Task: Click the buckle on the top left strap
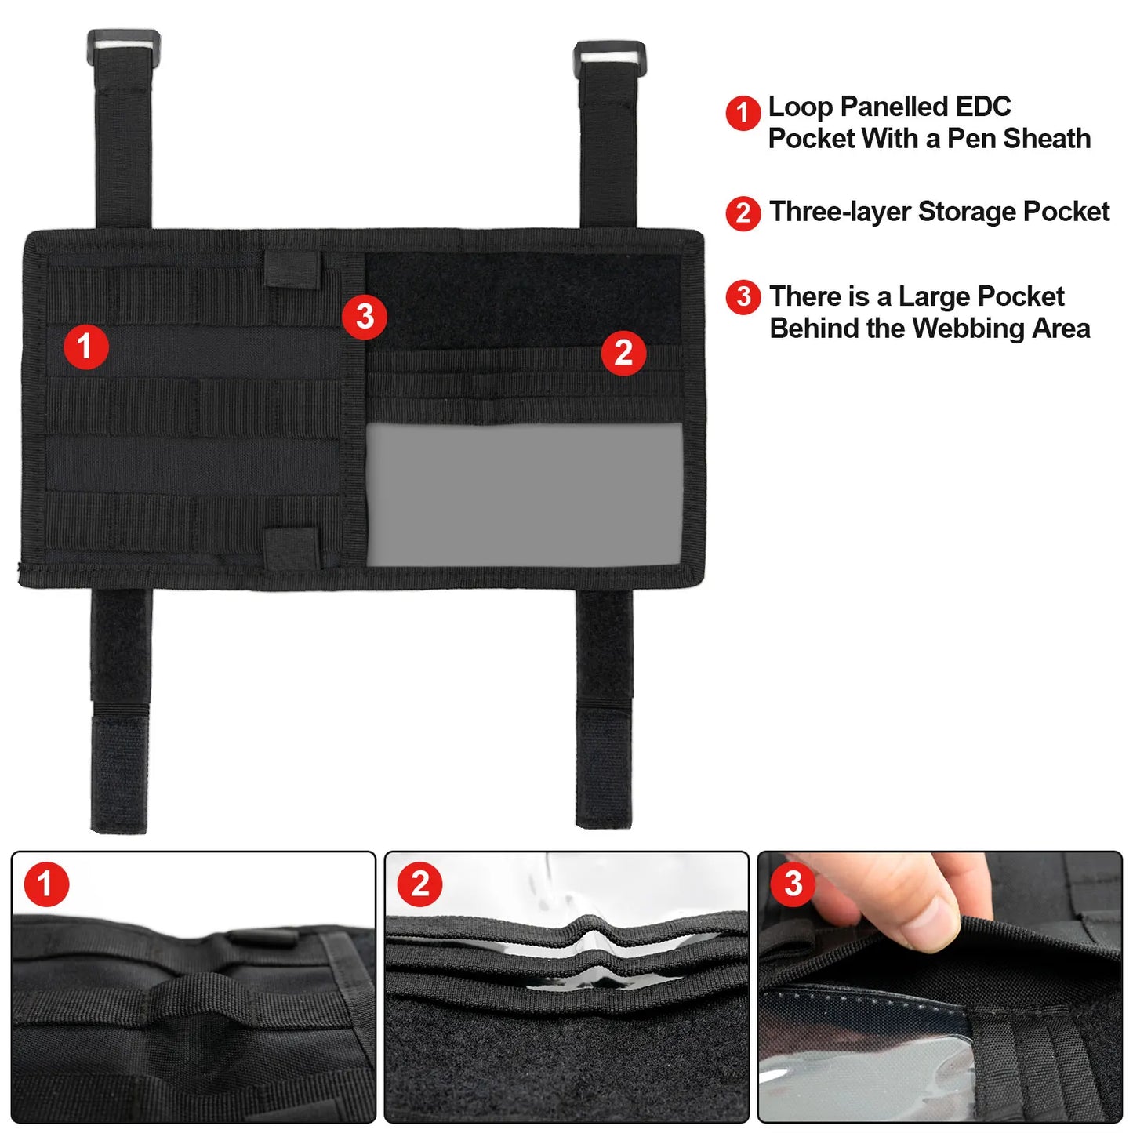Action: click(x=123, y=43)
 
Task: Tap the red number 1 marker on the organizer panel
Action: click(x=85, y=347)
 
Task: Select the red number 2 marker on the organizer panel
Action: click(x=623, y=353)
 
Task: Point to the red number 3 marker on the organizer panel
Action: click(x=365, y=317)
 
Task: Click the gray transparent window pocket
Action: click(x=525, y=495)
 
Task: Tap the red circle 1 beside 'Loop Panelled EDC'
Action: click(x=743, y=113)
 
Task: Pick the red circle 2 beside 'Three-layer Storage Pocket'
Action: click(x=743, y=212)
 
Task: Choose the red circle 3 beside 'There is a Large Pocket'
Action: click(x=743, y=297)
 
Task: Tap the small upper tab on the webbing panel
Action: click(x=292, y=269)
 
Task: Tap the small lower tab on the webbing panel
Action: click(x=292, y=547)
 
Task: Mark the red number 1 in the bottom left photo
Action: click(x=46, y=884)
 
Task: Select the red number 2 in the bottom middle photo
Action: click(x=419, y=884)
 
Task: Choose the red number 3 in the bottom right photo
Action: click(x=793, y=884)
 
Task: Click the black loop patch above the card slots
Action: click(x=524, y=300)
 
